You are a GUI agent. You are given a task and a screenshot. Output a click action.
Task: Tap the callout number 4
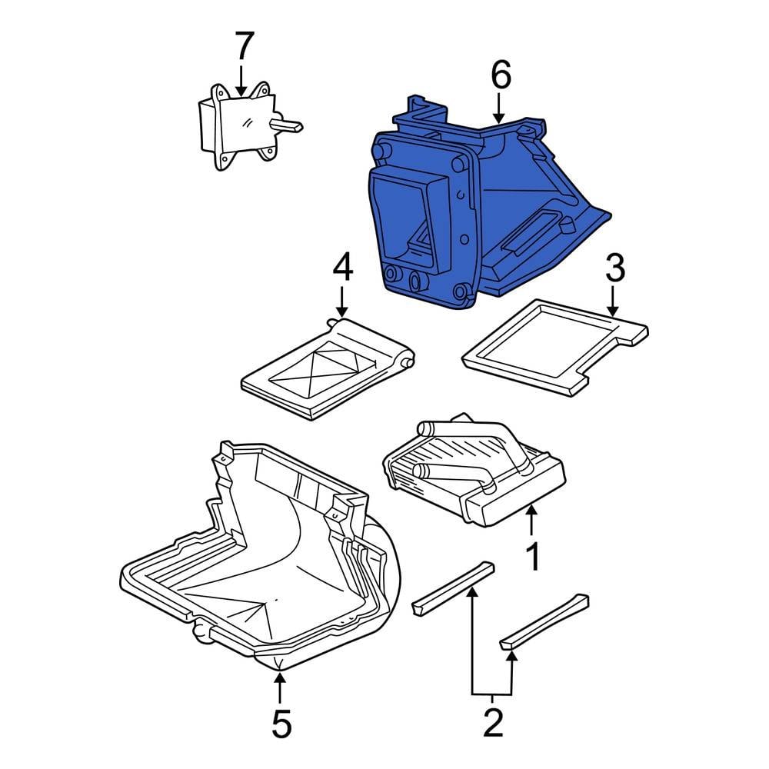[x=342, y=268]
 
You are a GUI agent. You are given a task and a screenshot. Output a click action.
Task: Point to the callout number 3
[x=615, y=268]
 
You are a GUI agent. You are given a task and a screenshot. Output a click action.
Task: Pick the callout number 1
[x=533, y=556]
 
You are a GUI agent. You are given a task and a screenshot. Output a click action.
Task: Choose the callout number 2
[x=493, y=722]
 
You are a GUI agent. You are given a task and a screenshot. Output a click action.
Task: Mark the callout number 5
[x=281, y=724]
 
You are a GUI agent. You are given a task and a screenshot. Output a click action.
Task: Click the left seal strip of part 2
[x=453, y=588]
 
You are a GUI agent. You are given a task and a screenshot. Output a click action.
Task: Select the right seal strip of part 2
[x=544, y=622]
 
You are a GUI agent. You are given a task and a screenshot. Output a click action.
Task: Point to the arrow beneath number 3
[x=613, y=300]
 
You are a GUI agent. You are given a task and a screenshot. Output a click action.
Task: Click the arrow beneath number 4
[x=342, y=300]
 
